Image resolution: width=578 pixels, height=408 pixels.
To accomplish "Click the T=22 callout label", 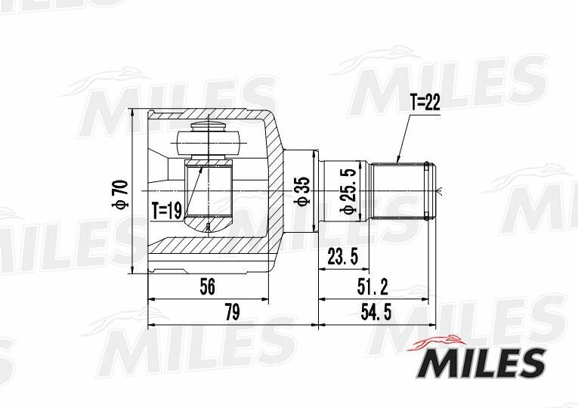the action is coord(426,104).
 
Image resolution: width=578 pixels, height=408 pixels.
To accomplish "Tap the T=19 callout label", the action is coord(167,211).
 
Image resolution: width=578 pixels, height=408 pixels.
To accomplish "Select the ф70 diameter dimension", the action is coord(121,194).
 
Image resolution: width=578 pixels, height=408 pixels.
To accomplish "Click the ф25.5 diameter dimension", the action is coord(348,191).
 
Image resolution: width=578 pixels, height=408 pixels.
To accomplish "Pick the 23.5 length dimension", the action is coord(343,257).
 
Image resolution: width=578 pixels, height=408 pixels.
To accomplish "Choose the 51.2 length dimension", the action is coord(372,286).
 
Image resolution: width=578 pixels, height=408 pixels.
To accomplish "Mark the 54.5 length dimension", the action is coord(376,313).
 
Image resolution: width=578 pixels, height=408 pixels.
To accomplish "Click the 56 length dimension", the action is coord(207,286).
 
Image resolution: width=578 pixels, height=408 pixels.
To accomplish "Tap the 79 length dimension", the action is coord(233,313).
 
